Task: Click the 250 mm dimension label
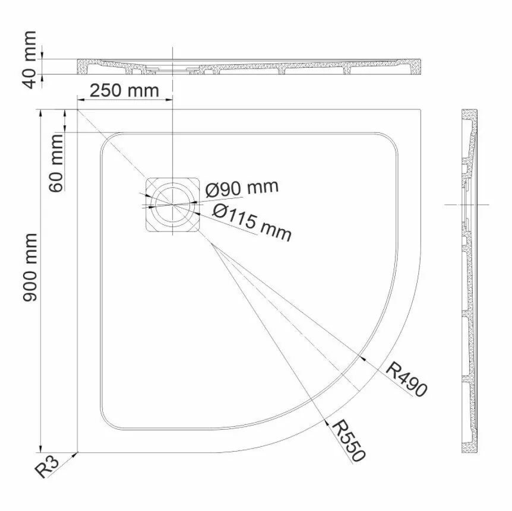pyautogui.click(x=124, y=91)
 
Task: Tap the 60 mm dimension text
pyautogui.click(x=57, y=163)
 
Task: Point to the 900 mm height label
pyautogui.click(x=30, y=267)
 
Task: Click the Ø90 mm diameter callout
pyautogui.click(x=241, y=189)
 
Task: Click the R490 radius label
pyautogui.click(x=406, y=379)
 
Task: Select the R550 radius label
pyautogui.click(x=348, y=440)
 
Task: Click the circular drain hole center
pyautogui.click(x=172, y=204)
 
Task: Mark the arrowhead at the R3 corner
pyautogui.click(x=76, y=454)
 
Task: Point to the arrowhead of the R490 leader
pyautogui.click(x=363, y=358)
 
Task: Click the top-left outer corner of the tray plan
pyautogui.click(x=78, y=109)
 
